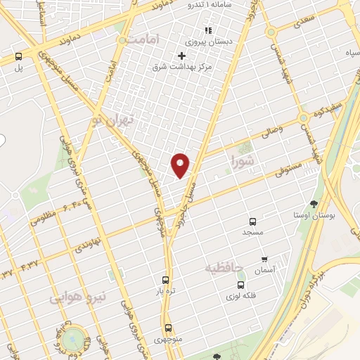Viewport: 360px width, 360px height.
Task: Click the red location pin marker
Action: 181,165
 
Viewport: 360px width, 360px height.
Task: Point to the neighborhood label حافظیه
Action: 224,268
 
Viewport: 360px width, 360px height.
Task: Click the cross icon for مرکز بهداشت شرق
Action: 182,56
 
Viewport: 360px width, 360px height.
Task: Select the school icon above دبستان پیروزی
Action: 207,30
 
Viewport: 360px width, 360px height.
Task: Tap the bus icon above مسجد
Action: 252,219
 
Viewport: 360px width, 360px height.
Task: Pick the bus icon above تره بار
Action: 165,279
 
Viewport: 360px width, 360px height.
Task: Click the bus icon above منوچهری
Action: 168,328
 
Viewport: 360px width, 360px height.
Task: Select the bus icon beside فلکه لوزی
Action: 241,285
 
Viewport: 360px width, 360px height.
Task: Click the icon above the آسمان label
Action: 264,259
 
